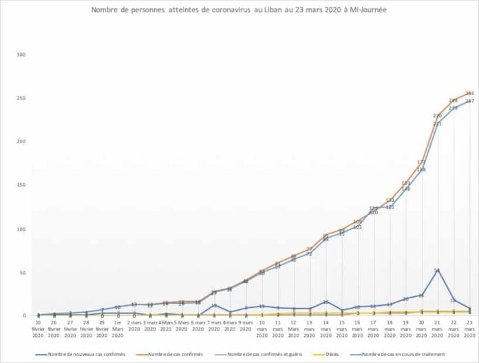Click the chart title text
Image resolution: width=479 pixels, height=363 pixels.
[x=239, y=11]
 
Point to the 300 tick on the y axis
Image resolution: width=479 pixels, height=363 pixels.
[x=21, y=54]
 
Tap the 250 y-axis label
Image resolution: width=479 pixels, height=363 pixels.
[x=21, y=98]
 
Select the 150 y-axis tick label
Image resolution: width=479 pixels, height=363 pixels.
[x=21, y=185]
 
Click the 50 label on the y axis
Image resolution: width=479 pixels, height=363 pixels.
[x=23, y=273]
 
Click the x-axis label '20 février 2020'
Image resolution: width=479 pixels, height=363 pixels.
[x=38, y=327]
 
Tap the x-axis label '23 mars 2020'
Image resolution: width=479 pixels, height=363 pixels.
[x=469, y=327]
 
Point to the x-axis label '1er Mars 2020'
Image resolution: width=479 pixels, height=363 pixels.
[x=118, y=327]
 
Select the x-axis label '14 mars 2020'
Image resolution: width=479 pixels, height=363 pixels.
[x=326, y=327]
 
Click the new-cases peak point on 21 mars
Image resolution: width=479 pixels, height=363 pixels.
[x=437, y=270]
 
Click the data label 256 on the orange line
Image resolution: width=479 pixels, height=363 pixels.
[x=469, y=93]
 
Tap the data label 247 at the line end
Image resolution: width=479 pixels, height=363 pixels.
[x=469, y=101]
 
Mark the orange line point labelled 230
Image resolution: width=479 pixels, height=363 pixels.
[x=437, y=115]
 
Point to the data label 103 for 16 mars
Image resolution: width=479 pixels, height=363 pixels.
[x=357, y=227]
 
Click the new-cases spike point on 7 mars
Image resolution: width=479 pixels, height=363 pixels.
[x=214, y=305]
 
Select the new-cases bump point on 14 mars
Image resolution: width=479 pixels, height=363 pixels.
[x=326, y=302]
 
